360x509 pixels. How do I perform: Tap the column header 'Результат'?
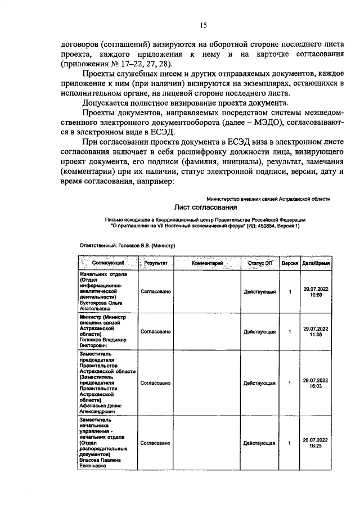(x=155, y=263)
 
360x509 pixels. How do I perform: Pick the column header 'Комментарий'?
(x=208, y=263)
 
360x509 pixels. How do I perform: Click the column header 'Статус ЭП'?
(x=259, y=263)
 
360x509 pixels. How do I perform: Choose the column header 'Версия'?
(x=289, y=263)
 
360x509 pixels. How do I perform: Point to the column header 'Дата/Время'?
(x=316, y=263)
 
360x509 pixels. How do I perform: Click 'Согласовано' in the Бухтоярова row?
(x=155, y=292)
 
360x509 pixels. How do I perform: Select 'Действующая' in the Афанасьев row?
(x=259, y=384)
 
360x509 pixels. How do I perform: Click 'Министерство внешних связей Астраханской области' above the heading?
(x=268, y=199)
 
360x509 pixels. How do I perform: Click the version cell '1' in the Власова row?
(x=289, y=443)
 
